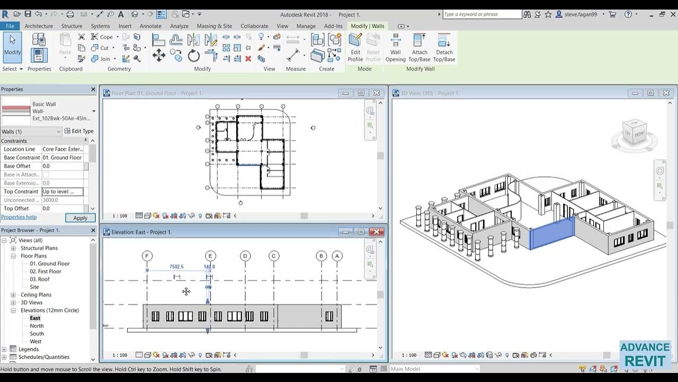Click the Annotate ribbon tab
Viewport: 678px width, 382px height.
click(x=150, y=26)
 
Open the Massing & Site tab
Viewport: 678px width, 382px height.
click(x=214, y=26)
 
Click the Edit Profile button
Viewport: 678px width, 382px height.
click(x=355, y=48)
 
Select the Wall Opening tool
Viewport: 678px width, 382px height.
click(x=395, y=48)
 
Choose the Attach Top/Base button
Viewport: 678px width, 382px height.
click(x=420, y=48)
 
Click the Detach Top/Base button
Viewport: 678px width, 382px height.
click(x=444, y=48)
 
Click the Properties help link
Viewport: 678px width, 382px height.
click(x=19, y=217)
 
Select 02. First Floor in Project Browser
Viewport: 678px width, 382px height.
click(x=46, y=271)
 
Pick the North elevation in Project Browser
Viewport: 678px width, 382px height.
click(x=37, y=326)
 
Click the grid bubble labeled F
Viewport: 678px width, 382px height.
click(x=147, y=256)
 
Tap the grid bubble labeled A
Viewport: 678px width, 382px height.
click(x=337, y=256)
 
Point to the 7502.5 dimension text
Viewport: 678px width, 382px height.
click(x=176, y=267)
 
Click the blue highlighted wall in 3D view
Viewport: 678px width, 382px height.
click(x=552, y=233)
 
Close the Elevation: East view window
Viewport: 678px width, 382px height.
click(x=376, y=232)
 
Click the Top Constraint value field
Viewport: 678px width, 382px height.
click(x=62, y=192)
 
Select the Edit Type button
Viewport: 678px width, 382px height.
click(x=79, y=131)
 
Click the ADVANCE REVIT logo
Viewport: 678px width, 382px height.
click(x=645, y=354)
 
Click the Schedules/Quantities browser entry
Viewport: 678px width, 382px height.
click(x=44, y=357)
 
